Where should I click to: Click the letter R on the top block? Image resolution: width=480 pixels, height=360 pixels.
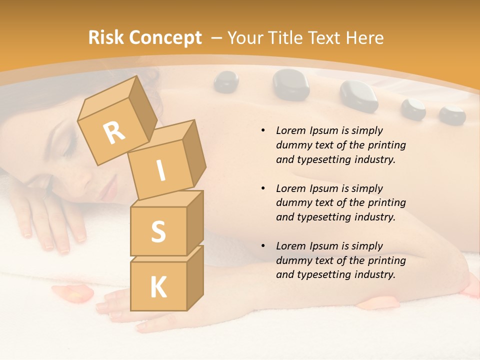pyautogui.click(x=114, y=132)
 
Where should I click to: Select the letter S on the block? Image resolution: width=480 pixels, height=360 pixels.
pyautogui.click(x=158, y=231)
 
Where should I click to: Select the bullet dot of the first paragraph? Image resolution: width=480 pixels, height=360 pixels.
pyautogui.click(x=263, y=130)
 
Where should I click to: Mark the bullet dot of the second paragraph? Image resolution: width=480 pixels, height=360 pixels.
pyautogui.click(x=263, y=188)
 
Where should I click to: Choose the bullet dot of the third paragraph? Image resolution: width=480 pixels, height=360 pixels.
pyautogui.click(x=263, y=246)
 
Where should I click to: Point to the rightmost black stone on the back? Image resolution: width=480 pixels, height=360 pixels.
pyautogui.click(x=452, y=114)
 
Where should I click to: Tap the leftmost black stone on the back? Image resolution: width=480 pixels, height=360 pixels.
pyautogui.click(x=226, y=81)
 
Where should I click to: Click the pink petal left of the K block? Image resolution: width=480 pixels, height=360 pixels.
pyautogui.click(x=72, y=293)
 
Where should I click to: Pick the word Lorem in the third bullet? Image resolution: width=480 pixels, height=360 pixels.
pyautogui.click(x=291, y=246)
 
